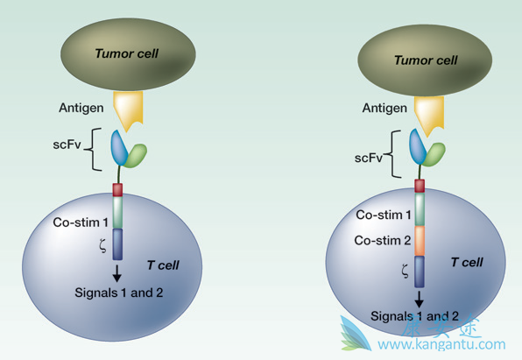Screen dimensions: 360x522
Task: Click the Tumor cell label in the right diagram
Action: [426, 60]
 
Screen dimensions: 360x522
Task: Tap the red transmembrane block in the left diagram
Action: [116, 189]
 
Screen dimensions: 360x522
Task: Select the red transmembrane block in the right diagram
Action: [420, 185]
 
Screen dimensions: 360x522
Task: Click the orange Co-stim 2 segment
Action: [420, 240]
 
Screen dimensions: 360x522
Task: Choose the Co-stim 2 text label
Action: [381, 240]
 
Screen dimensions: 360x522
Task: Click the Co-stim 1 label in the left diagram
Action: [80, 224]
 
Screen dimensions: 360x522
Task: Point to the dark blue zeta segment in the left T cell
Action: [116, 244]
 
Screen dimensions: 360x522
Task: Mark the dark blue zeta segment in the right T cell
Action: [420, 272]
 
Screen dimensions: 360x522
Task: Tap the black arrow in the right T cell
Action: [420, 299]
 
